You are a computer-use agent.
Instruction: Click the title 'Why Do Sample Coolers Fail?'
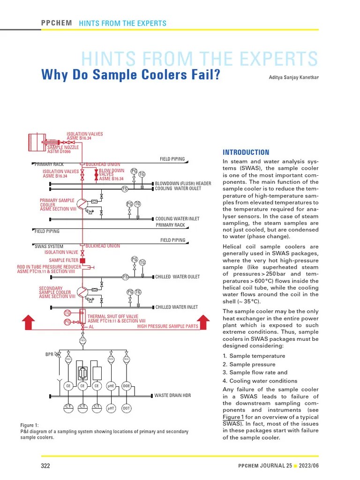131,75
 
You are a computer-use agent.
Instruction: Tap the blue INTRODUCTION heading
246,152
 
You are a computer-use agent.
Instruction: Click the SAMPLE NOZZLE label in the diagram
63,147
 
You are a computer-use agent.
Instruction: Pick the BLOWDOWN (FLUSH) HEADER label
183,183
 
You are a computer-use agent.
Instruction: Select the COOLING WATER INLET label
177,219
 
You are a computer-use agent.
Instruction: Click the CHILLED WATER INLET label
177,307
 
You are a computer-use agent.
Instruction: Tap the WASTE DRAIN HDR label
173,396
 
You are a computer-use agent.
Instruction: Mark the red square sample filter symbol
82,260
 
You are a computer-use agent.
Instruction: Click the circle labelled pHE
111,386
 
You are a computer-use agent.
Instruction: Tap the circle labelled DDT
127,408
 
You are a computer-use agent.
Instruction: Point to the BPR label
49,354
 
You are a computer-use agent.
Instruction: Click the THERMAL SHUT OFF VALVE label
113,316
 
